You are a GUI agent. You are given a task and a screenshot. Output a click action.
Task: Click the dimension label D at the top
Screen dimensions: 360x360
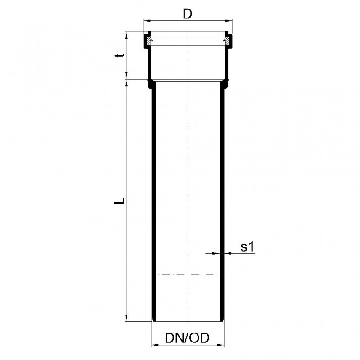(x=187, y=14)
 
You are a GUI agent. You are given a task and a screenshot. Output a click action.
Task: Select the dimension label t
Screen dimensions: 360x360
(x=120, y=55)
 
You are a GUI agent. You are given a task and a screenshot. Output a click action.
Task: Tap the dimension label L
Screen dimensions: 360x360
(x=119, y=200)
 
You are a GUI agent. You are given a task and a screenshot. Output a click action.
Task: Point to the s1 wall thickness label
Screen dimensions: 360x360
(x=247, y=247)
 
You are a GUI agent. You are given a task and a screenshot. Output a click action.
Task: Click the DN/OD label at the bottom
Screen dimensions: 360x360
(x=187, y=338)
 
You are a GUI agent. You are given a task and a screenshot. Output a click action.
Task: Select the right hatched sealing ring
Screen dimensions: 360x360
(x=226, y=41)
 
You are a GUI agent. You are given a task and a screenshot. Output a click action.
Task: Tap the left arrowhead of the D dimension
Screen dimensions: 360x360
(x=147, y=21)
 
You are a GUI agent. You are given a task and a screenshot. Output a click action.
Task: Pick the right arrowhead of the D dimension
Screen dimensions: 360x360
(x=229, y=21)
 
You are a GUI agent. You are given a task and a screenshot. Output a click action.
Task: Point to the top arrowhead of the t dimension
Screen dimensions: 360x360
(x=126, y=35)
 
